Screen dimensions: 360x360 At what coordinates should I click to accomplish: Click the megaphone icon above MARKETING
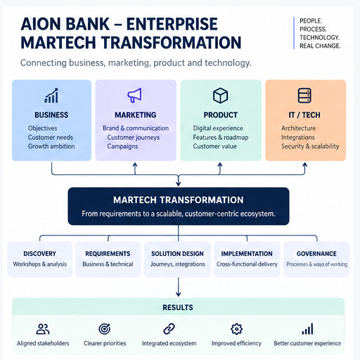click(x=134, y=95)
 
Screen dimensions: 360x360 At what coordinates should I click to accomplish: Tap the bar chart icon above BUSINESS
click(x=51, y=96)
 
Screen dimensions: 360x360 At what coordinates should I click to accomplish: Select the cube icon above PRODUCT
click(x=220, y=96)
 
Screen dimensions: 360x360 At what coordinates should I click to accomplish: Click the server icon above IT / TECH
click(x=304, y=96)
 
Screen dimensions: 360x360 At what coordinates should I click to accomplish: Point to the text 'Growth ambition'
click(x=51, y=146)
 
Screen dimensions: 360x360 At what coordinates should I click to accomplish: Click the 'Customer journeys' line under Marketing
click(x=134, y=138)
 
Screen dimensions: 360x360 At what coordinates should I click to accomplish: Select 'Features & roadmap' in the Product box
click(x=221, y=137)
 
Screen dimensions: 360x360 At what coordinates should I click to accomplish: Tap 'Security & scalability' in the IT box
click(x=310, y=146)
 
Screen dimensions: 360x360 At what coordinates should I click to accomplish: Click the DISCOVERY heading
click(x=40, y=254)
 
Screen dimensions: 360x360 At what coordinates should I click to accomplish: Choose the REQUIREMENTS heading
click(x=108, y=254)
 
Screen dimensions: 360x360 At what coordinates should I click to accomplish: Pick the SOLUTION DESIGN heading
click(x=177, y=254)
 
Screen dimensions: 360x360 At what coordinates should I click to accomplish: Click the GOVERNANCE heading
click(x=316, y=254)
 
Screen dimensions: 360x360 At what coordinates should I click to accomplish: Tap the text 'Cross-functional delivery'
click(x=247, y=264)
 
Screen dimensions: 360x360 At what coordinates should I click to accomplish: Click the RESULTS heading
click(x=178, y=307)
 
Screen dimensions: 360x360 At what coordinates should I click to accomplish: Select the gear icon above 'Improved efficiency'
click(x=236, y=329)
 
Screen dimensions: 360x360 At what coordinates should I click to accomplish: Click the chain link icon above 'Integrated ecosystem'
click(x=169, y=329)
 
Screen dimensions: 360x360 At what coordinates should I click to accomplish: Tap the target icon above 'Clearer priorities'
click(x=105, y=329)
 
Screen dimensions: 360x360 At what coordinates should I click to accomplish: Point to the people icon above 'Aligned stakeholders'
click(x=43, y=329)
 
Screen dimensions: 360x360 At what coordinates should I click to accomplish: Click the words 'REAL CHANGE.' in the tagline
click(x=320, y=46)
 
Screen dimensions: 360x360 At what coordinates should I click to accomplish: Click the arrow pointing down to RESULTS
click(x=179, y=287)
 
